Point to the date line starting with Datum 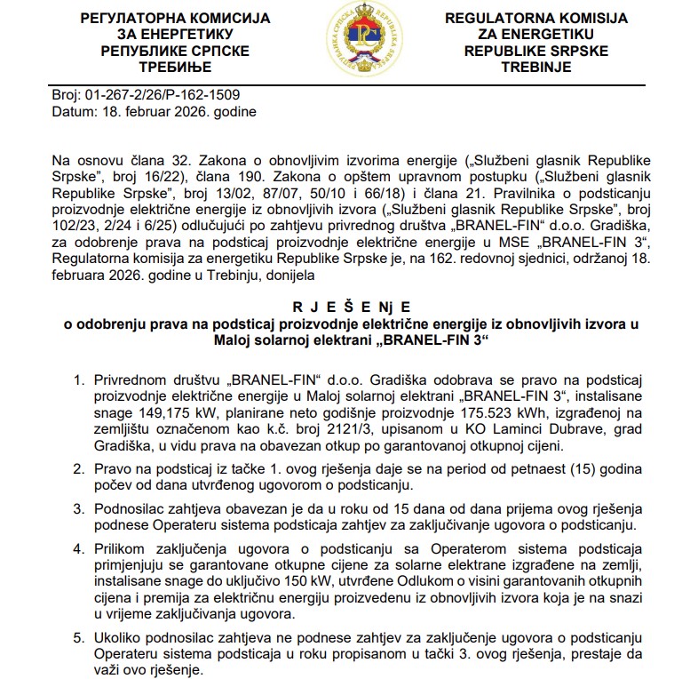[155, 113]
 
